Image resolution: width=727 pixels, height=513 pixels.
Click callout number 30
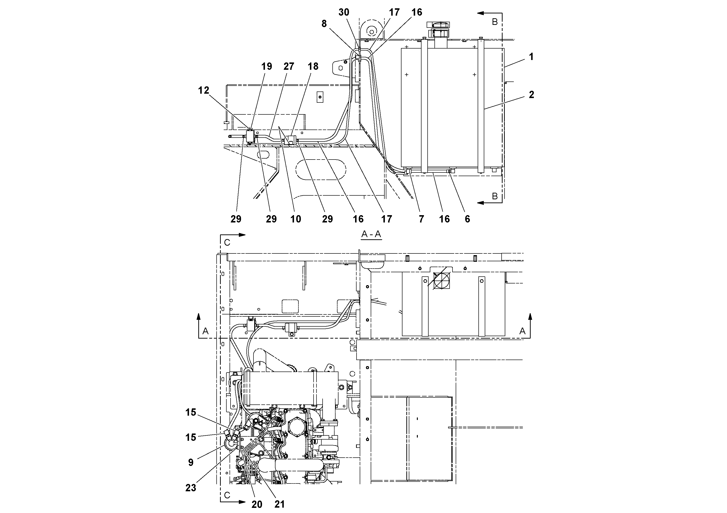click(344, 12)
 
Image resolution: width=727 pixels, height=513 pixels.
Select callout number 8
click(324, 24)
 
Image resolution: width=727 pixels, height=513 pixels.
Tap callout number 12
click(204, 91)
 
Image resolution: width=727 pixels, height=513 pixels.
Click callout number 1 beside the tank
click(531, 57)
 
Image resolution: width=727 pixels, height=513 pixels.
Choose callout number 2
click(531, 95)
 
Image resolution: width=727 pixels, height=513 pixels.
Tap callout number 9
click(191, 463)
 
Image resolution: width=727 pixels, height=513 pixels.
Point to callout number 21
click(279, 504)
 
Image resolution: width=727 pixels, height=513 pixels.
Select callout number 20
click(257, 504)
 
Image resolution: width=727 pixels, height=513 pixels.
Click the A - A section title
click(371, 234)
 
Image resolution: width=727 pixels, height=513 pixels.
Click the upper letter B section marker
click(495, 21)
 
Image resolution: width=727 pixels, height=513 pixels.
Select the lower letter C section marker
click(227, 495)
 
